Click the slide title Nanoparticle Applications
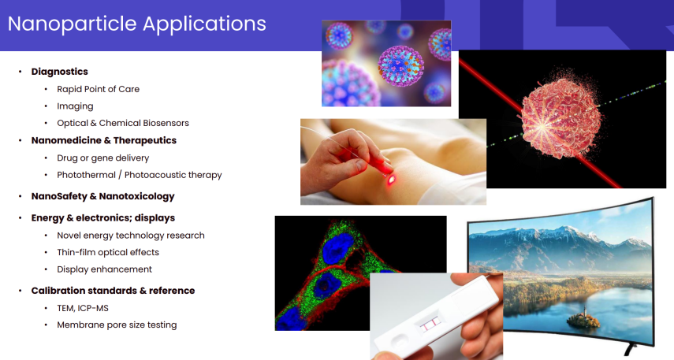point(136,24)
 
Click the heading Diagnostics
point(59,72)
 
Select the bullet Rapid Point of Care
point(98,89)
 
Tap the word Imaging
point(75,106)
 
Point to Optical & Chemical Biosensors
point(122,123)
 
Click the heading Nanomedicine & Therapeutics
point(103,140)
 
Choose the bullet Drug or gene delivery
point(102,158)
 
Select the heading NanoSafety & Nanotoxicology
point(102,196)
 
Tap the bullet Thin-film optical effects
point(108,252)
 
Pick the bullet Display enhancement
point(105,269)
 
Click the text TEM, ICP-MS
point(83,308)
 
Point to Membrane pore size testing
point(117,325)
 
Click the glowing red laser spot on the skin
point(391,180)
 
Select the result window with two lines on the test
point(430,325)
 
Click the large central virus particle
point(400,66)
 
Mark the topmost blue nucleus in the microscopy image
point(337,248)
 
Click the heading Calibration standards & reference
point(113,291)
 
